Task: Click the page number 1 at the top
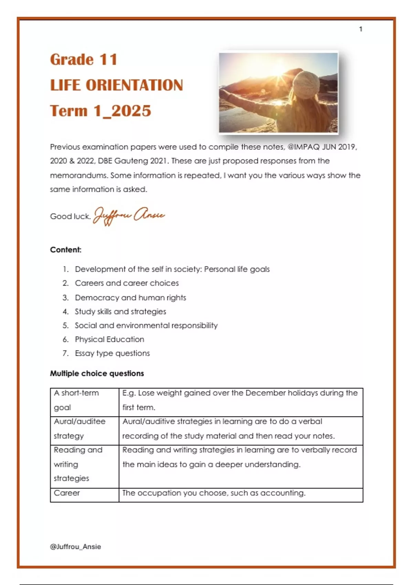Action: [360, 29]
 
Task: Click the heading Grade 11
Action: [84, 60]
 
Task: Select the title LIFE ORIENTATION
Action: [116, 85]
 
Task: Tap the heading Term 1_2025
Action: [100, 111]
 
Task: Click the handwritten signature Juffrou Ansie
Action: [129, 216]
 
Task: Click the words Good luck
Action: [70, 216]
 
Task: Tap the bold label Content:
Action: [66, 250]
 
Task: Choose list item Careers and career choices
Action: [127, 283]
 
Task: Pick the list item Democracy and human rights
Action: [130, 298]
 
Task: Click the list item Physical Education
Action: [109, 339]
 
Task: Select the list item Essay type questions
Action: [112, 353]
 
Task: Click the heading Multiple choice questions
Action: [97, 373]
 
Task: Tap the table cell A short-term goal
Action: [76, 400]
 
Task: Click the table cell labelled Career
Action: [67, 493]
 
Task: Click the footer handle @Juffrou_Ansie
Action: [75, 546]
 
